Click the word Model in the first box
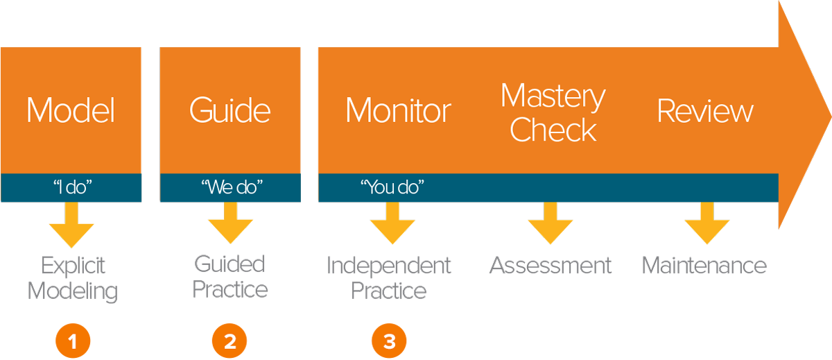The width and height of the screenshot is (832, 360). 71,111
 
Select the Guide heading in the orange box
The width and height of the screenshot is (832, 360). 229,111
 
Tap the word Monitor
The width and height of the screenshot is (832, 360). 398,111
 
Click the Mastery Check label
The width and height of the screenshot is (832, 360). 553,113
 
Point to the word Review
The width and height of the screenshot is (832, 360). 705,111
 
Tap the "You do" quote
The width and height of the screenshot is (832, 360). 392,187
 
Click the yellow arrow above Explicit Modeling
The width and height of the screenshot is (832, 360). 71,225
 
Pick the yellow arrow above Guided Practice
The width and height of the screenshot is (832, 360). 230,223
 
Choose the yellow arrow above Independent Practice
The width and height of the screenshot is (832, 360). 392,223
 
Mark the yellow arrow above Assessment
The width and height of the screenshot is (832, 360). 550,223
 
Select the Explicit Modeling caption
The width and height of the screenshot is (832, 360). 73,278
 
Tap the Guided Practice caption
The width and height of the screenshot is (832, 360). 229,276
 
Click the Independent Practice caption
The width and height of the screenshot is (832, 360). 389,277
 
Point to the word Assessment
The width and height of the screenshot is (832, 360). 551,266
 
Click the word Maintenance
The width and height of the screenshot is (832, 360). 704,266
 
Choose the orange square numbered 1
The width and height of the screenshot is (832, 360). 72,341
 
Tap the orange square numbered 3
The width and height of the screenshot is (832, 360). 389,341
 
